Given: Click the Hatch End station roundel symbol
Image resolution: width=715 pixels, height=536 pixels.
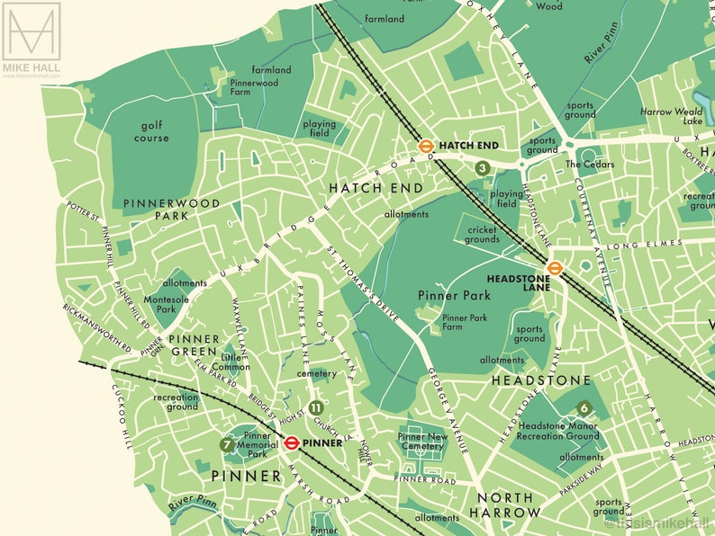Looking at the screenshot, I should pyautogui.click(x=427, y=145).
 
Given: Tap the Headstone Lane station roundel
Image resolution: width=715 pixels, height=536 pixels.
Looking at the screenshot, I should pyautogui.click(x=555, y=267).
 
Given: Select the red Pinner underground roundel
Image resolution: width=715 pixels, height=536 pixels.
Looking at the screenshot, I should pyautogui.click(x=292, y=442).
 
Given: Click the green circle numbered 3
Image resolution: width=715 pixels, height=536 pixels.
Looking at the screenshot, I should pyautogui.click(x=483, y=168).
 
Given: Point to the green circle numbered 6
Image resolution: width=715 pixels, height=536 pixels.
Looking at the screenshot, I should pyautogui.click(x=584, y=407).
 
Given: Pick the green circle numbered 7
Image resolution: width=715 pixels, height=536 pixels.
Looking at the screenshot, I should pyautogui.click(x=227, y=444).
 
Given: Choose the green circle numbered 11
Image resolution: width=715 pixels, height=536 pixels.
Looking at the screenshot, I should pyautogui.click(x=315, y=407).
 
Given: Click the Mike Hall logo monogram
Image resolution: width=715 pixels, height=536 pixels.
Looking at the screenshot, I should pyautogui.click(x=31, y=31).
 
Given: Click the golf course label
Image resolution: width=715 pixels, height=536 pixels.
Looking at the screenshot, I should pyautogui.click(x=151, y=132).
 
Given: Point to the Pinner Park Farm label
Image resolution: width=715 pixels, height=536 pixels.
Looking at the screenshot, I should pyautogui.click(x=465, y=323).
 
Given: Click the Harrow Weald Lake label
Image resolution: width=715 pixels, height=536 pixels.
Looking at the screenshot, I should pyautogui.click(x=671, y=116).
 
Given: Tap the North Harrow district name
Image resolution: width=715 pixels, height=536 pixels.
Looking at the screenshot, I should pyautogui.click(x=505, y=505).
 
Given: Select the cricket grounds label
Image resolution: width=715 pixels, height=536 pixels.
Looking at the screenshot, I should pyautogui.click(x=483, y=235).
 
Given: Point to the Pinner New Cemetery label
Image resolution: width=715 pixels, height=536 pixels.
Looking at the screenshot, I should pyautogui.click(x=421, y=442).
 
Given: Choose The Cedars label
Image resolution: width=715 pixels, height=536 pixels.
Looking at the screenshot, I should pyautogui.click(x=590, y=165).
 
